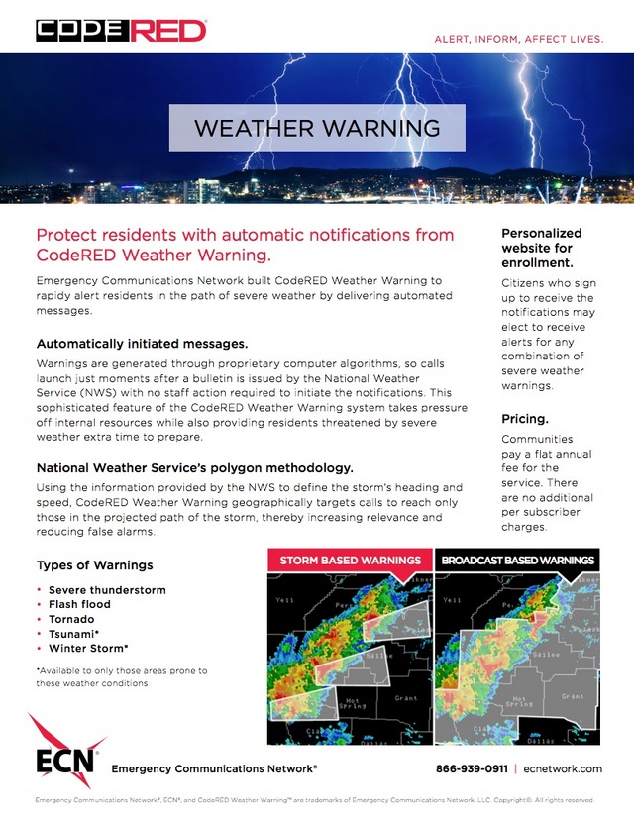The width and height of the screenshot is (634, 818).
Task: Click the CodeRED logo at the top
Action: [x=121, y=31]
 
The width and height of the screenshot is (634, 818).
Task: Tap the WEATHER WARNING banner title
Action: [x=317, y=129]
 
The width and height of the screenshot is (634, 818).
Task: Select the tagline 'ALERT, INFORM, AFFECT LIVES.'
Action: [x=519, y=39]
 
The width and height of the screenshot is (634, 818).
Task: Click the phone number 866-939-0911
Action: [x=472, y=768]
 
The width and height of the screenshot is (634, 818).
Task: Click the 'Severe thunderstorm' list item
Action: [x=107, y=590]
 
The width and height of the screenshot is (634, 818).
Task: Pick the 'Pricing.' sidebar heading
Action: [x=526, y=419]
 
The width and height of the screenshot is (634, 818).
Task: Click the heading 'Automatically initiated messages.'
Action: [x=142, y=344]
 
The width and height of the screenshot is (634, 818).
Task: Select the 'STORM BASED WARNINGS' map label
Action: [x=350, y=561]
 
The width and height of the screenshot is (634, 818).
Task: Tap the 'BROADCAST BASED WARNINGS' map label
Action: [x=518, y=561]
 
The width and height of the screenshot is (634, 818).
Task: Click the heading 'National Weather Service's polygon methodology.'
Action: [x=194, y=467]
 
